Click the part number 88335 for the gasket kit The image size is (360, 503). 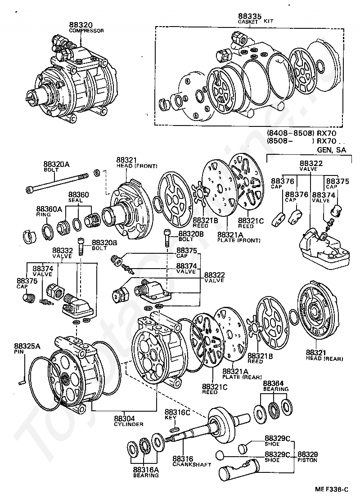click(x=248, y=17)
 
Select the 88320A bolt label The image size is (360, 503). click(x=57, y=165)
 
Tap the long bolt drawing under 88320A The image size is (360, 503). click(x=58, y=182)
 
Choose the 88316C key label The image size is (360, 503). click(x=177, y=412)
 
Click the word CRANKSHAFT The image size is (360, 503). click(x=192, y=464)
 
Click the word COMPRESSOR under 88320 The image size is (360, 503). click(x=86, y=31)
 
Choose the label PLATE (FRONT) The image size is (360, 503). click(x=238, y=240)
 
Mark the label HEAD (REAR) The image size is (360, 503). click(x=324, y=358)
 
